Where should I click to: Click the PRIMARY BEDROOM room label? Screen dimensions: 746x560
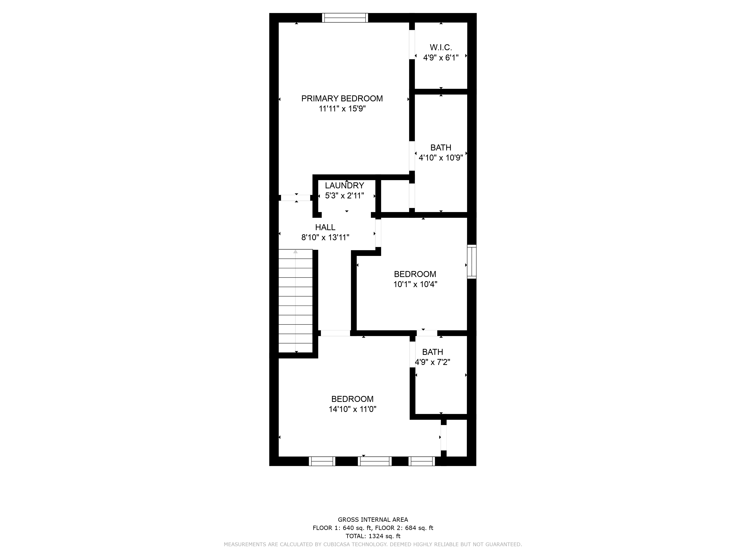point(342,99)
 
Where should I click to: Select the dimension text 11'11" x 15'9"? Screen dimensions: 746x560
point(342,109)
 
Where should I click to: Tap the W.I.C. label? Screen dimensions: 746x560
point(441,48)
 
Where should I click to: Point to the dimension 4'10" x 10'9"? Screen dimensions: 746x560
point(441,158)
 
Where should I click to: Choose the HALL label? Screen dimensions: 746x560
point(325,227)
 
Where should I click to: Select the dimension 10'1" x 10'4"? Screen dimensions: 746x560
point(415,284)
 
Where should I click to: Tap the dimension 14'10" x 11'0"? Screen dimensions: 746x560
point(352,409)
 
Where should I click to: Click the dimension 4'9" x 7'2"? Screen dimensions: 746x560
point(433,362)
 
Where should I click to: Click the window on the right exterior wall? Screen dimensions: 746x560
point(472,262)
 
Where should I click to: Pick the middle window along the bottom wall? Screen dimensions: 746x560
point(375,461)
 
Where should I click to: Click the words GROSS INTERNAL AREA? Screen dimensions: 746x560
point(373,520)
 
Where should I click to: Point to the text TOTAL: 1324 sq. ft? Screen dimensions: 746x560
point(373,536)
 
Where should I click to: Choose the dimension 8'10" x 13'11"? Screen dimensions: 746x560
point(325,237)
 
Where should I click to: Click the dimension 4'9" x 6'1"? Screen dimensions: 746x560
point(441,58)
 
